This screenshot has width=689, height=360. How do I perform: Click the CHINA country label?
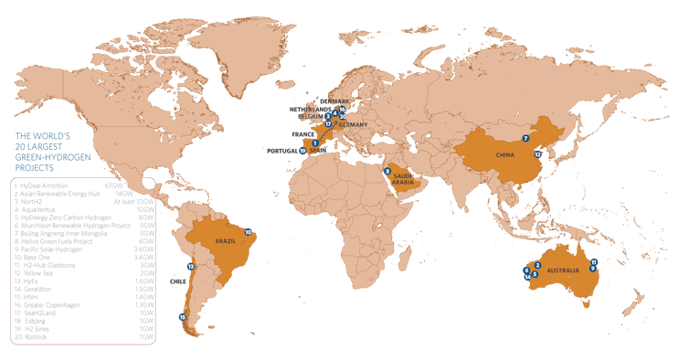tap(507, 155)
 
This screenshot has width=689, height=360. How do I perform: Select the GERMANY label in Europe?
tap(354, 124)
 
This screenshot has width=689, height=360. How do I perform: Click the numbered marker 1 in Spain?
tap(315, 143)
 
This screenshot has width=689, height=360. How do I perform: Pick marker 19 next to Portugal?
tap(302, 152)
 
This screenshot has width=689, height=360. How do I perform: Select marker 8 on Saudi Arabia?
tap(387, 171)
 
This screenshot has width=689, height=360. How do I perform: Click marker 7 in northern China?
tap(525, 138)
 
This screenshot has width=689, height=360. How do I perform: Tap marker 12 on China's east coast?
tap(538, 155)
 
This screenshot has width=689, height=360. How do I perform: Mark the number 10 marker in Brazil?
tap(249, 233)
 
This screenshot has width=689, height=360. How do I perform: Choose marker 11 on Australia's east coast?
tap(594, 262)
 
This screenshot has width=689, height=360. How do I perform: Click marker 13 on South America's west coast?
tap(190, 266)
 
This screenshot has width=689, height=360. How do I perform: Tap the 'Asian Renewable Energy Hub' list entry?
tap(59, 193)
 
